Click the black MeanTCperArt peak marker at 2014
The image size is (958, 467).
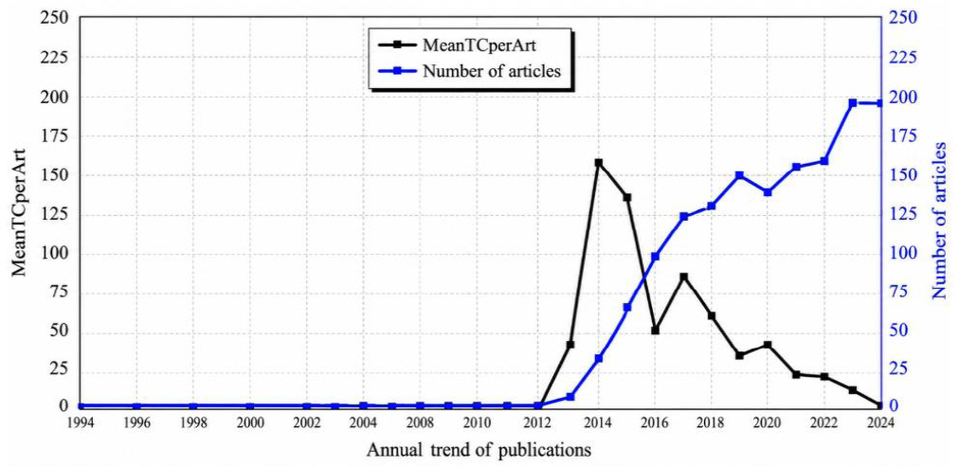click(598, 163)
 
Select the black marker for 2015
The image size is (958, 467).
click(627, 197)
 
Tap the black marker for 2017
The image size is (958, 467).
click(683, 277)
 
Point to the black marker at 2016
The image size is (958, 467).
click(655, 331)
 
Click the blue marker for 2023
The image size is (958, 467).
click(853, 102)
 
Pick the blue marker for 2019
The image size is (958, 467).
click(739, 175)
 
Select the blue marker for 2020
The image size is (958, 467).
click(768, 192)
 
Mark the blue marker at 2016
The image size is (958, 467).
click(655, 257)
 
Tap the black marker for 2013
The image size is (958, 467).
click(570, 345)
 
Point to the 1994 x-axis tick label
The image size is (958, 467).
click(80, 422)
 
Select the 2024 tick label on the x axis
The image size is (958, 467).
click(880, 422)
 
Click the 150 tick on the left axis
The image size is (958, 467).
click(56, 175)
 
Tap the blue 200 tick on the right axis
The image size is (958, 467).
click(904, 97)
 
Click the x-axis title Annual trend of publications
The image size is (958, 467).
click(479, 451)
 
